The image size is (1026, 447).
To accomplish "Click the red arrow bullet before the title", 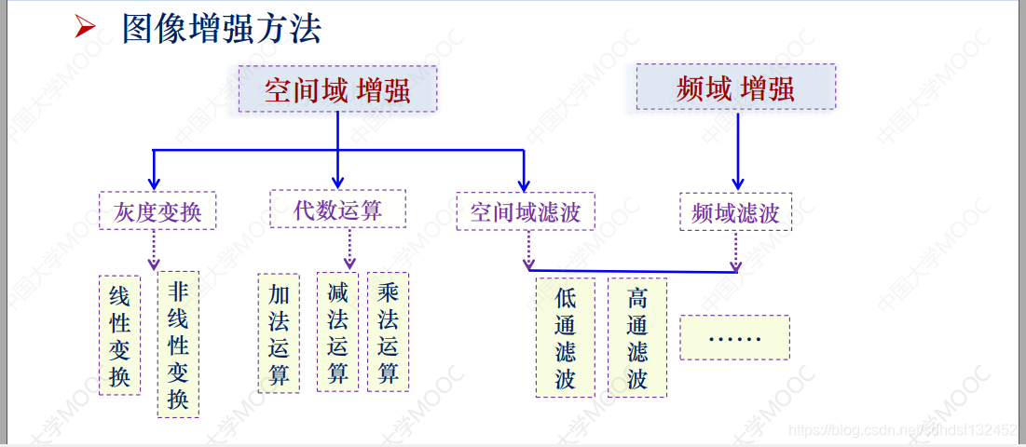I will coord(86,28).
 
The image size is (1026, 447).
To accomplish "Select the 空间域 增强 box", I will coord(337,89).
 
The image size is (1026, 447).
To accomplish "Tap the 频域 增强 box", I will coord(735,88).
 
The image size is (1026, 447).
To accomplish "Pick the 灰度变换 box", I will coord(157,212).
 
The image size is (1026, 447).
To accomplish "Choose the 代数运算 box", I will coord(337,210).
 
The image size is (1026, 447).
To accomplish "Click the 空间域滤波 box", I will coord(526,212).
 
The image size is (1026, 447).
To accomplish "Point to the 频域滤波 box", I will coord(735,213).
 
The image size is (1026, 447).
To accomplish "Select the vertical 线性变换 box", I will coord(119,335).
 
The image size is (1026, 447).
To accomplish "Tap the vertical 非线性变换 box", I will coord(178,345).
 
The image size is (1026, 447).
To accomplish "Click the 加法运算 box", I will coord(279,333).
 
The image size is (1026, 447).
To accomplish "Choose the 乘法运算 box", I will coord(389,333).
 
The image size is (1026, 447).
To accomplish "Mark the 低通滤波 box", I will coord(565,337).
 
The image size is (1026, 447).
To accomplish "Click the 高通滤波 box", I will coord(637,337).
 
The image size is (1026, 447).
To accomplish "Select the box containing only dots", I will coord(734,337).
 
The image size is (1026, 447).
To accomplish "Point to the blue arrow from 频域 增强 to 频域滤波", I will coord(737,149).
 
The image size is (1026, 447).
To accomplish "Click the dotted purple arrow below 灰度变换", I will coord(154,249).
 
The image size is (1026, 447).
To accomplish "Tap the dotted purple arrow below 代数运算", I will coord(350,248).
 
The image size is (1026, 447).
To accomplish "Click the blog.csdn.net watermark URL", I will coord(902,429).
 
